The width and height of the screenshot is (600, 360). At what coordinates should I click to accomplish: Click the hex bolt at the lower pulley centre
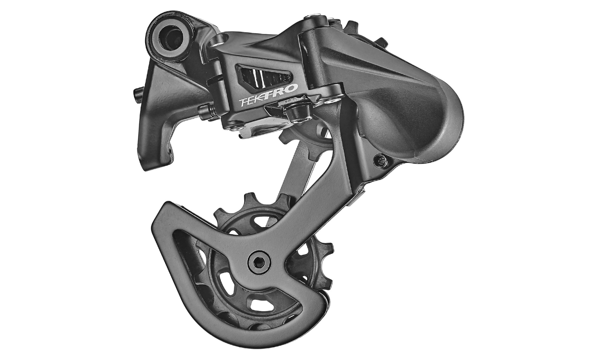tap(259, 263)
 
